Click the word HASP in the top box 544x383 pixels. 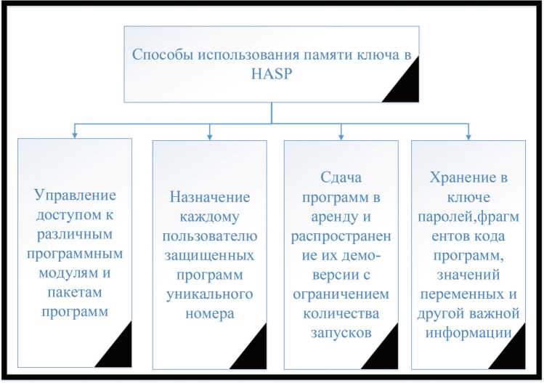coord(271,73)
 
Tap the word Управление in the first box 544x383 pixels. coord(75,195)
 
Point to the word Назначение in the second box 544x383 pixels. coord(210,197)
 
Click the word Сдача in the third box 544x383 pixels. coord(341,177)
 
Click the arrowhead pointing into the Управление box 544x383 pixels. coord(74,134)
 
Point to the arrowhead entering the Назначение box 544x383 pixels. coord(210,134)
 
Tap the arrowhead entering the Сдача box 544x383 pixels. coord(341,134)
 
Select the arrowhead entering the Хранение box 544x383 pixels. coord(468,134)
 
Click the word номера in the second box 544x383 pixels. coord(210,313)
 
